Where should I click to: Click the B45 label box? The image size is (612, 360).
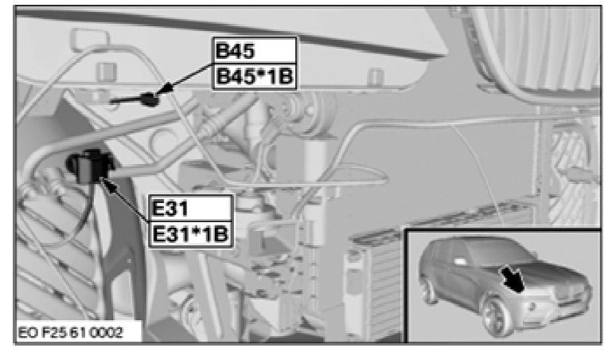coord(255,50)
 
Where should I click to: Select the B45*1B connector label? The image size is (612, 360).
coord(255,76)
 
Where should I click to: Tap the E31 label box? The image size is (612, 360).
coord(191,207)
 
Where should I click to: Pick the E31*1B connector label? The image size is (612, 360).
coord(191,234)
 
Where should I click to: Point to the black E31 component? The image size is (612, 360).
coord(89,166)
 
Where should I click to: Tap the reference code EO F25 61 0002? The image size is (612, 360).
coord(71,333)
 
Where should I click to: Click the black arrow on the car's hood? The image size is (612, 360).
coord(513,277)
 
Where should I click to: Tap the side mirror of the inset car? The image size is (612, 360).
coord(461,260)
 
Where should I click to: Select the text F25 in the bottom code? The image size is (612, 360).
coord(53,333)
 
